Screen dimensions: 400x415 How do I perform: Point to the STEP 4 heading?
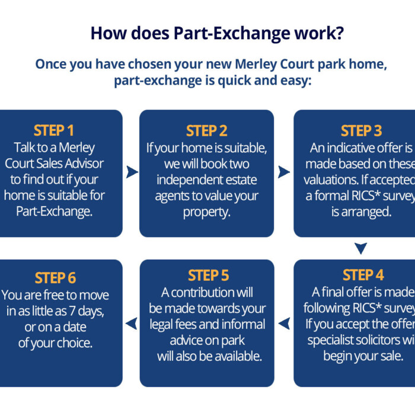(363, 276)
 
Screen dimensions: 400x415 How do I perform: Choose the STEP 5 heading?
(208, 276)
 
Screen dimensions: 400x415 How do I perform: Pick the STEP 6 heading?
(55, 278)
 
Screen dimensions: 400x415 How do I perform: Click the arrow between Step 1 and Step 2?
(132, 172)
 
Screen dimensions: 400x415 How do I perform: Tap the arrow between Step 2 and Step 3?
(284, 172)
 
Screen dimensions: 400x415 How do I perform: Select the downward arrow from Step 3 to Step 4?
(360, 248)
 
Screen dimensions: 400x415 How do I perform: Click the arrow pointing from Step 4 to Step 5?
(285, 323)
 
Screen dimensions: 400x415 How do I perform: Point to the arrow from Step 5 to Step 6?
(132, 323)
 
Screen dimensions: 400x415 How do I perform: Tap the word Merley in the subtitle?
(259, 64)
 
